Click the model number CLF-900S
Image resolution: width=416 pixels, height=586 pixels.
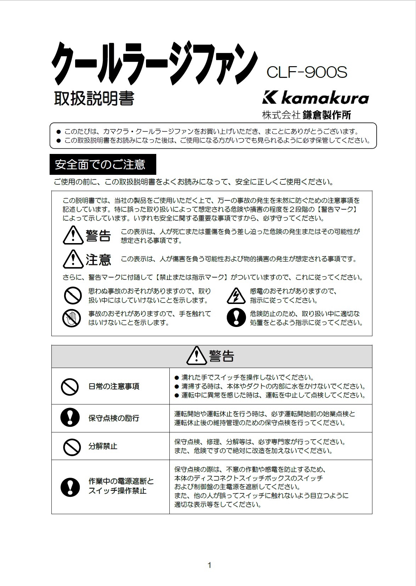[307, 73]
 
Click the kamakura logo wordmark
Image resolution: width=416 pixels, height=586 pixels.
[315, 98]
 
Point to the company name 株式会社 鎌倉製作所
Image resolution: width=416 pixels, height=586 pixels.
[307, 115]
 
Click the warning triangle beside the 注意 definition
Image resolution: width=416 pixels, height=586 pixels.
[73, 259]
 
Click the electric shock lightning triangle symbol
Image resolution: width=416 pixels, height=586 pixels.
[236, 296]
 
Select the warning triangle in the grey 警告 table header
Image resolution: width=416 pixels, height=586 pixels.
[196, 356]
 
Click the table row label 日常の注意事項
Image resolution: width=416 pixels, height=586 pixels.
[114, 386]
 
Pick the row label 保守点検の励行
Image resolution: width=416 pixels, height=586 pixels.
[114, 418]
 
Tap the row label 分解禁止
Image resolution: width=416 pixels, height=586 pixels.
[103, 446]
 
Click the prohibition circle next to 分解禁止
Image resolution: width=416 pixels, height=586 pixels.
[72, 447]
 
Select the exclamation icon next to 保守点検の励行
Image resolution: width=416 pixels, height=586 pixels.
[70, 418]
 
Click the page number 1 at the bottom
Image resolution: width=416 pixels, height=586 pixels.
[209, 565]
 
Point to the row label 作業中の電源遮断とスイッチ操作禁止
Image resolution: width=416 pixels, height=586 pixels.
[121, 486]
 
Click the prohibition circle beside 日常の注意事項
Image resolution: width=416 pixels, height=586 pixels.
[70, 386]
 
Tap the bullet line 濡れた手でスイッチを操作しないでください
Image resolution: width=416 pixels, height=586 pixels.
[247, 378]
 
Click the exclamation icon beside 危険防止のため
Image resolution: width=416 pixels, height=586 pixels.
[236, 317]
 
